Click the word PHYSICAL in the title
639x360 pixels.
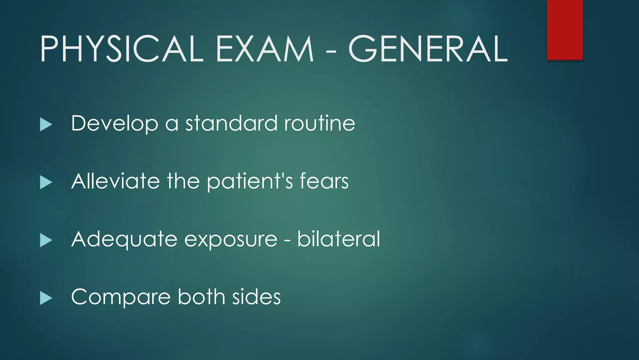pos(122,49)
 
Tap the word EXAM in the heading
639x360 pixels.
pos(265,49)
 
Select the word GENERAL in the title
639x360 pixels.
pos(428,49)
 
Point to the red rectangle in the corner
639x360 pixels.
pos(565,30)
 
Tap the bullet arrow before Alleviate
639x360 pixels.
pos(46,182)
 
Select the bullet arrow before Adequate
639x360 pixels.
pos(46,240)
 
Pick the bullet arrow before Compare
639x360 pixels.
pos(46,298)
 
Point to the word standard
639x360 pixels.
pos(231,123)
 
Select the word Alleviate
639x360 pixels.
pos(115,181)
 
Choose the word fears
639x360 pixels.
pos(324,181)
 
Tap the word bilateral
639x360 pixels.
pos(339,239)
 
